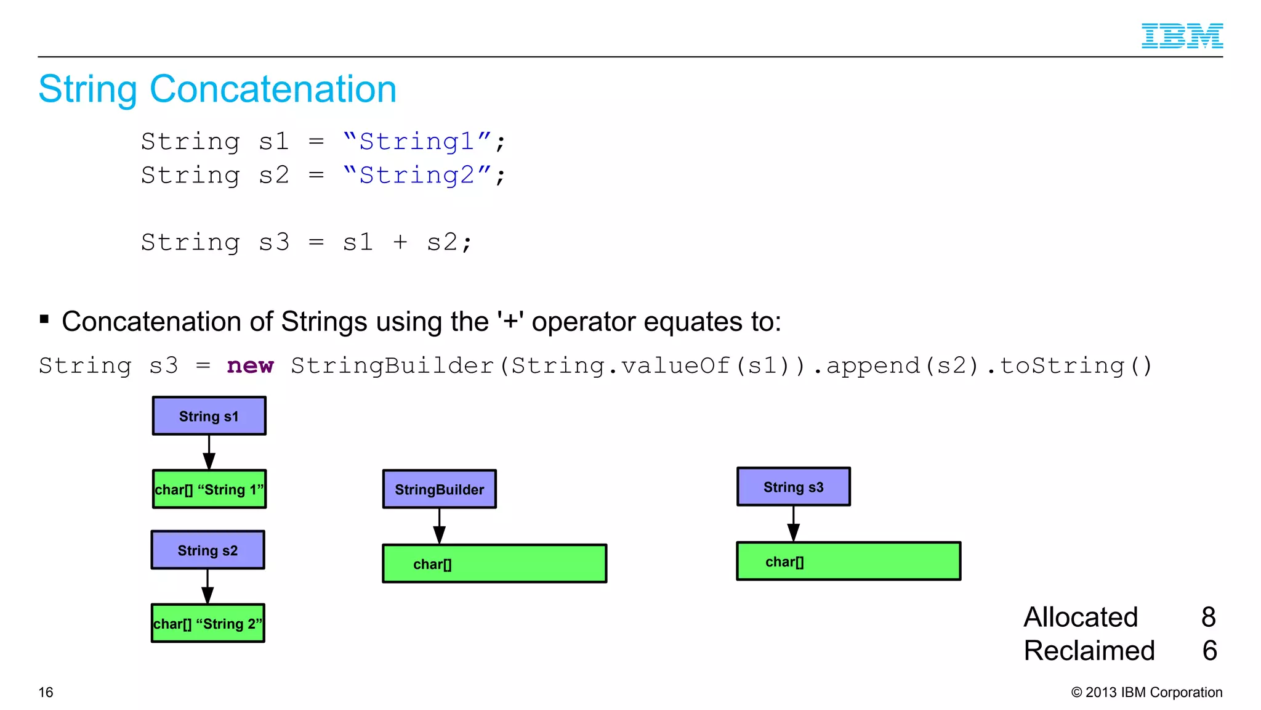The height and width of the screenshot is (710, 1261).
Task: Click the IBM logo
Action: click(x=1182, y=36)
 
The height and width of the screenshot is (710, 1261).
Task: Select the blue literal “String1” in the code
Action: click(x=417, y=142)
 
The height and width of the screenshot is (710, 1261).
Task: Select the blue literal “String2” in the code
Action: click(x=417, y=176)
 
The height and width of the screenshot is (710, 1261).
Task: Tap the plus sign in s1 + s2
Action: click(x=400, y=242)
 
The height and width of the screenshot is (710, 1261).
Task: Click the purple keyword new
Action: click(x=250, y=365)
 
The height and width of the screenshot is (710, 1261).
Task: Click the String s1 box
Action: click(x=209, y=416)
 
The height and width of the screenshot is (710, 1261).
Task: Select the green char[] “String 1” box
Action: click(x=209, y=489)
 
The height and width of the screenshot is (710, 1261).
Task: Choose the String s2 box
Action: click(x=207, y=550)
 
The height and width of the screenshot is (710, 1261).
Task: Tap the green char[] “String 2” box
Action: click(x=207, y=623)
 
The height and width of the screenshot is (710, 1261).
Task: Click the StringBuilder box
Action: click(x=439, y=489)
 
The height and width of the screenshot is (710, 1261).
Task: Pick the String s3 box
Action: click(x=793, y=487)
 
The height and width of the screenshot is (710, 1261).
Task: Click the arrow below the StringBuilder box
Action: click(x=439, y=527)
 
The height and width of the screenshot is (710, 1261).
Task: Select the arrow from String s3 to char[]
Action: click(x=793, y=524)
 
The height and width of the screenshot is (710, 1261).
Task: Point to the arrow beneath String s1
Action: click(x=209, y=453)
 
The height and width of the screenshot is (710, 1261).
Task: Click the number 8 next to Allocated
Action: click(x=1208, y=617)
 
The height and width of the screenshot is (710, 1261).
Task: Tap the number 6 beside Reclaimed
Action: click(x=1209, y=651)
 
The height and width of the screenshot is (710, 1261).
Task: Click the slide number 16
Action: click(x=46, y=692)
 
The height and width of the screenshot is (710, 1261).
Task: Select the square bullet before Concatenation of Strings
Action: click(x=44, y=319)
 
